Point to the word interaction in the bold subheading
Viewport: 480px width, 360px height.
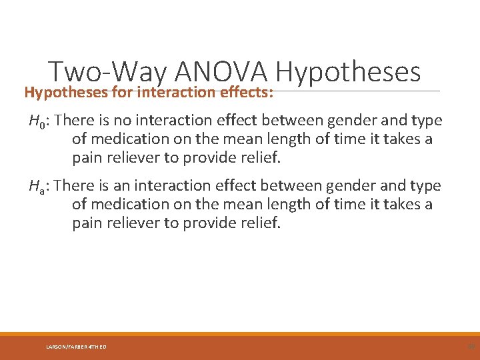pos(176,92)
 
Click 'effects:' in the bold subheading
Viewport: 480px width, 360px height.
pos(247,92)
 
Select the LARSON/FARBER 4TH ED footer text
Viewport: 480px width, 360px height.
pos(76,347)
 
